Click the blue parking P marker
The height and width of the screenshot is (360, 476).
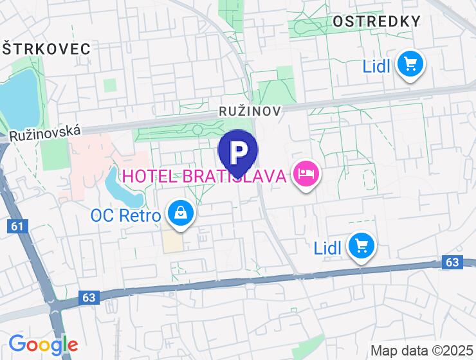pyautogui.click(x=238, y=152)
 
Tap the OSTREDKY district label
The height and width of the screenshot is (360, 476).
pyautogui.click(x=376, y=21)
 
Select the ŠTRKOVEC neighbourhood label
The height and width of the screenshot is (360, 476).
pyautogui.click(x=46, y=48)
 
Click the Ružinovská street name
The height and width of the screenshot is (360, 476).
pyautogui.click(x=45, y=133)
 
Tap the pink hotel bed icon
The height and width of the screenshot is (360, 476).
pyautogui.click(x=306, y=174)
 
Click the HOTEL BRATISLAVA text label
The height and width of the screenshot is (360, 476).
pyautogui.click(x=204, y=175)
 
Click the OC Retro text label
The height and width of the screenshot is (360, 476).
pyautogui.click(x=125, y=215)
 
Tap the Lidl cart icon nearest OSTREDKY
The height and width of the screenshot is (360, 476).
pyautogui.click(x=410, y=64)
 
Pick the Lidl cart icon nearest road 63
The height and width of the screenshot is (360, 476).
pyautogui.click(x=361, y=246)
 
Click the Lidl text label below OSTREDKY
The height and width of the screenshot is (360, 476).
pyautogui.click(x=377, y=66)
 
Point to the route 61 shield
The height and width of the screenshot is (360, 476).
pyautogui.click(x=17, y=226)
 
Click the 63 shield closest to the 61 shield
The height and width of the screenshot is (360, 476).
pyautogui.click(x=89, y=297)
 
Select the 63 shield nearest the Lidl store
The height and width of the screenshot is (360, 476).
pyautogui.click(x=453, y=262)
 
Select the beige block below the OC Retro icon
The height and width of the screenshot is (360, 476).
pyautogui.click(x=171, y=240)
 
